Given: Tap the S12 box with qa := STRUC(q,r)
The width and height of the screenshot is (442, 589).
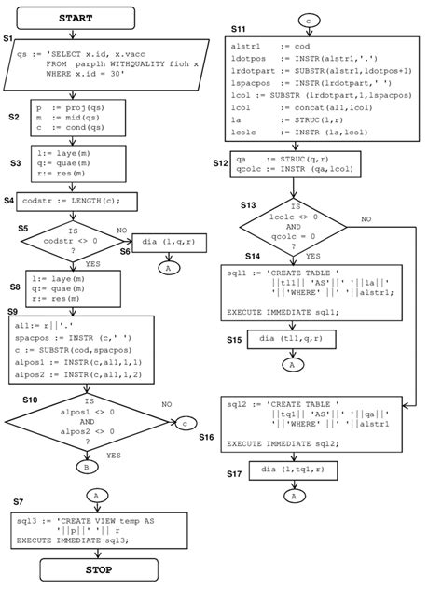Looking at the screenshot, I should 294,165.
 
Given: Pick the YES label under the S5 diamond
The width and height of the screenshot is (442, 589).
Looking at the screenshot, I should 91,264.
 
